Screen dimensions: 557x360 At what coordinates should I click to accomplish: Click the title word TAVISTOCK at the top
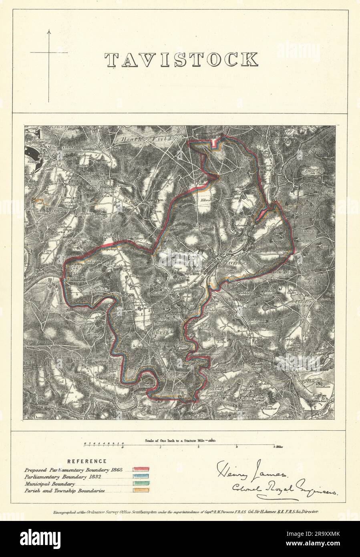click(x=181, y=59)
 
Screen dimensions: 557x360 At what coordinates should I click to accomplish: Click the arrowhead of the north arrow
click(x=49, y=31)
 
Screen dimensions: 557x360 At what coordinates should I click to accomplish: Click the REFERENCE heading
click(x=86, y=461)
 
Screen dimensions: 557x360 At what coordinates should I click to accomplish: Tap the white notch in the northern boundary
click(x=215, y=143)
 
